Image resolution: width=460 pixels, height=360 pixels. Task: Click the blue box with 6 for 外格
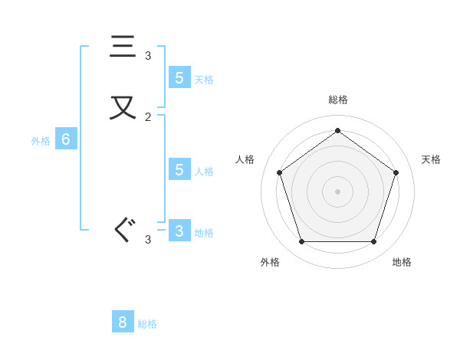coord(66,139)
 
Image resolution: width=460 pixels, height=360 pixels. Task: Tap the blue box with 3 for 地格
coord(179,231)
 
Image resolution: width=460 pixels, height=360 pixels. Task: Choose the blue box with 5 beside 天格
coord(179,77)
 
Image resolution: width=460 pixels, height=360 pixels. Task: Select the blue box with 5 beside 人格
coord(179,169)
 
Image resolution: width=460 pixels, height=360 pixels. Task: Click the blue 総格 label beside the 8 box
coord(147,324)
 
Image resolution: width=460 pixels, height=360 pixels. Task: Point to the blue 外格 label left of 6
coord(41,141)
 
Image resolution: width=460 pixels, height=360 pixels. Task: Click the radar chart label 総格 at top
coord(338,100)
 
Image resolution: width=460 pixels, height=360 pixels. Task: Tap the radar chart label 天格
coord(432,159)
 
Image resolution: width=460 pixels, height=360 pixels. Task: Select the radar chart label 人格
coord(245,159)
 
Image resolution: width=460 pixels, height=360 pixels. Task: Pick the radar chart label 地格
coord(402,262)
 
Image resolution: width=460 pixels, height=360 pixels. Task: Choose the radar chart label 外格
coord(270,262)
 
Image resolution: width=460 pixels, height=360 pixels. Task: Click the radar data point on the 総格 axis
coord(337,130)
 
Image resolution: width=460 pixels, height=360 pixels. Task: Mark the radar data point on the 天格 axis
coord(396,172)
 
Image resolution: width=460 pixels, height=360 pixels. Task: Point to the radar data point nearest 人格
coord(279,172)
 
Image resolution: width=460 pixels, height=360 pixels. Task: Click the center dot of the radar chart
coord(337,191)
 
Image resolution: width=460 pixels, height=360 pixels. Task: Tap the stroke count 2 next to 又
coord(148,117)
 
